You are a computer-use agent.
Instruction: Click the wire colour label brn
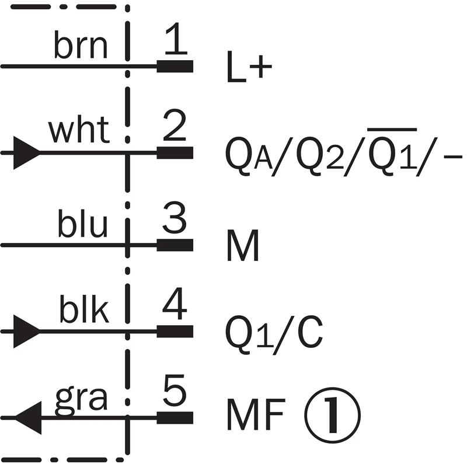tap(81, 47)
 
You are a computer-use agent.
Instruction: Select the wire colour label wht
tap(79, 131)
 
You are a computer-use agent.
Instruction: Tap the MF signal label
tap(255, 415)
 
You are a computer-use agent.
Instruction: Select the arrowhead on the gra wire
tap(27, 418)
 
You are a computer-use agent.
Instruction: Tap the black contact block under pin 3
tap(175, 245)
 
